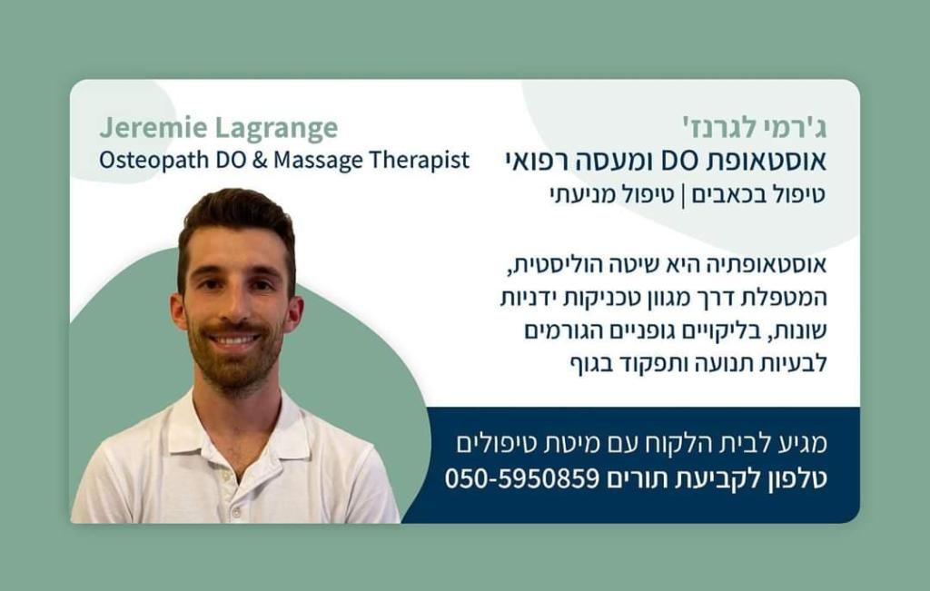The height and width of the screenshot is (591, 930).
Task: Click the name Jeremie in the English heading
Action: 153,127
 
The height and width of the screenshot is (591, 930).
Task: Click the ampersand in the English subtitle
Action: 259,160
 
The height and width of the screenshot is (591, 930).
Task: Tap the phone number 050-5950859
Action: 522,478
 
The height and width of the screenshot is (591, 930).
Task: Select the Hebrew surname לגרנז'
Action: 719,127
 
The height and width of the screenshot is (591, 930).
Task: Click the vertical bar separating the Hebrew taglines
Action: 683,195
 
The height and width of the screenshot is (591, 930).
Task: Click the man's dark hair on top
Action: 236,209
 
